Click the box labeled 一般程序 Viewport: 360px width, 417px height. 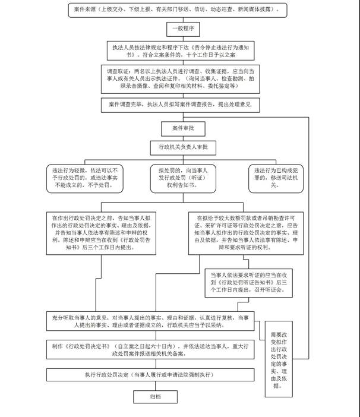coord(182,28)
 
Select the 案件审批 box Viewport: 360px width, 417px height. coord(182,128)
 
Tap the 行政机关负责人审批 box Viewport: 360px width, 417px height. coord(182,147)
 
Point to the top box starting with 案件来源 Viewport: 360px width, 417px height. coord(182,10)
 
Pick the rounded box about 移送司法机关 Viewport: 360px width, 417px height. coord(274,177)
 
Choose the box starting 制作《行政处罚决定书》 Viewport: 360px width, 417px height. coord(154,349)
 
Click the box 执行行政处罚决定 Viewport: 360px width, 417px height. coord(154,376)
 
